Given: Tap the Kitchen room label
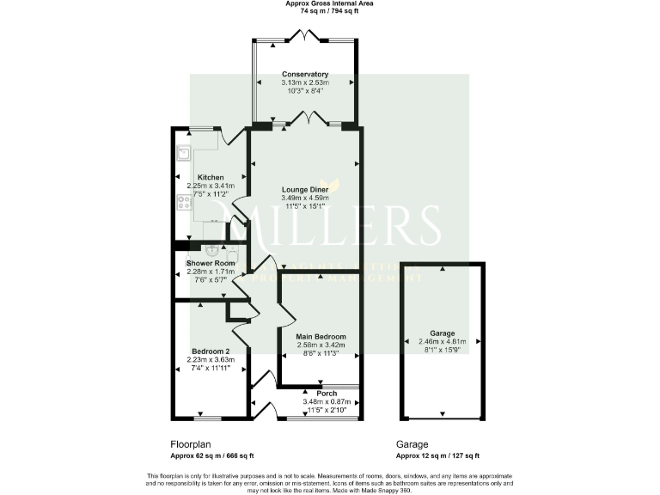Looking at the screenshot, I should tap(211, 177).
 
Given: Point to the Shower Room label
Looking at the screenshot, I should tap(211, 263).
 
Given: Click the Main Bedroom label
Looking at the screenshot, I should tap(321, 336).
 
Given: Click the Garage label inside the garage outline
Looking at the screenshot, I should tap(443, 333).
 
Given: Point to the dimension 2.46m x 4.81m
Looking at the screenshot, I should tap(443, 341).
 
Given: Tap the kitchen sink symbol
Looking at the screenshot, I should tap(184, 154).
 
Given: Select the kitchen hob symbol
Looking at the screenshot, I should tap(183, 203).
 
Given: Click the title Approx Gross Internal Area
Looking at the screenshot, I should tap(329, 3).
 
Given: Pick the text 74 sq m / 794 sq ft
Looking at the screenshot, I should tap(329, 12).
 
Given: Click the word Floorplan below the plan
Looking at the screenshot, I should tap(191, 444).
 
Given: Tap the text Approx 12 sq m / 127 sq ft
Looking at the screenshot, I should tap(437, 456).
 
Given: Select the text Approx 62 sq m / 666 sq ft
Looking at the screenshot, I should tap(212, 456).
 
